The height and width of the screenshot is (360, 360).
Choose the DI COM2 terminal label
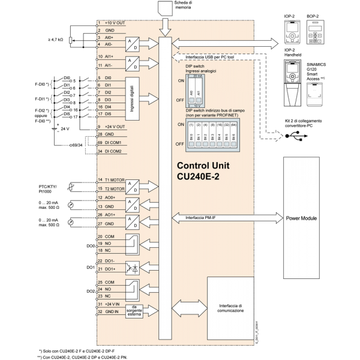click(113, 151)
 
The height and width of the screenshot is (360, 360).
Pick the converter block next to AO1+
click(133, 220)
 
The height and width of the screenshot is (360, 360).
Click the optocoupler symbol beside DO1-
click(133, 266)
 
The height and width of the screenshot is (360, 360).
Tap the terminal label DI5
click(108, 113)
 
